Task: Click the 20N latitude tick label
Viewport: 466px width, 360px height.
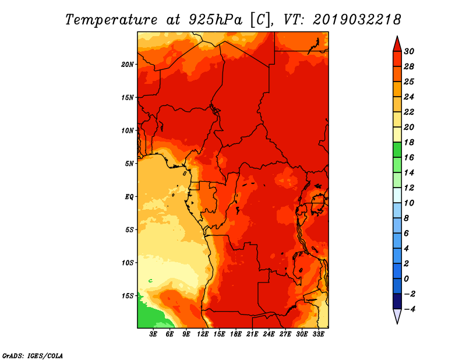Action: coord(128,65)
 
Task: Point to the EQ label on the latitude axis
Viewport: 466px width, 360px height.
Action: coord(129,197)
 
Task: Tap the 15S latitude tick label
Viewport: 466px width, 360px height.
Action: coord(128,296)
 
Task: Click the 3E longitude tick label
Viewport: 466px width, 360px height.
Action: coord(154,335)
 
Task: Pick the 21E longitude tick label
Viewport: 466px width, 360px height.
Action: coord(252,335)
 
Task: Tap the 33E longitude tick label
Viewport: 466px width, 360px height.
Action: coord(318,335)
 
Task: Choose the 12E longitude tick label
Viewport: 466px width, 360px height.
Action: coord(203,335)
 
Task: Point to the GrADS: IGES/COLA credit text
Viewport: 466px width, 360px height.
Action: coord(32,355)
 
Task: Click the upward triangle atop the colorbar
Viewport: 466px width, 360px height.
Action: coord(397,43)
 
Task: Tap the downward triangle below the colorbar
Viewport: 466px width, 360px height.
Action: coord(397,316)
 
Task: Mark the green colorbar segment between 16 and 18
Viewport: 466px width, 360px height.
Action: coord(397,150)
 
